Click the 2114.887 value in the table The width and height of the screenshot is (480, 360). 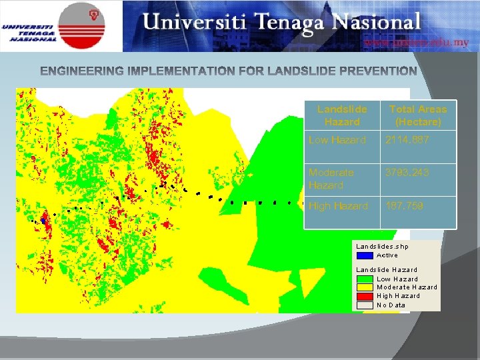[407, 140]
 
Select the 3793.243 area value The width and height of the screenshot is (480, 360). [407, 173]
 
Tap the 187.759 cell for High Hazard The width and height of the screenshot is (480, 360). [404, 206]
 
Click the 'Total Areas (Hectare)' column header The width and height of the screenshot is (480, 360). [418, 115]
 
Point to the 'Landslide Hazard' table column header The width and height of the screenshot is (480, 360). [342, 115]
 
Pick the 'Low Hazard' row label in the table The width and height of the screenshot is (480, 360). [337, 140]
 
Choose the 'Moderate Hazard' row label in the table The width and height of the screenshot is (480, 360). [331, 179]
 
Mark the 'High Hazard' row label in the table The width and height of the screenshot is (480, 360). [338, 206]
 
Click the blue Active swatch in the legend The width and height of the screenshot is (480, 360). [365, 255]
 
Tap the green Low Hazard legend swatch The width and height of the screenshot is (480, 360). [365, 279]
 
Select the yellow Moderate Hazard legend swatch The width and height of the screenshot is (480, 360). [365, 287]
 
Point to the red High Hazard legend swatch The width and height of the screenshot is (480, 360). [365, 296]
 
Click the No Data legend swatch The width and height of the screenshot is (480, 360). [365, 305]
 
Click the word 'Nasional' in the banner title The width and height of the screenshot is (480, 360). [379, 22]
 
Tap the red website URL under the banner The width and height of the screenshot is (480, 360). [416, 42]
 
